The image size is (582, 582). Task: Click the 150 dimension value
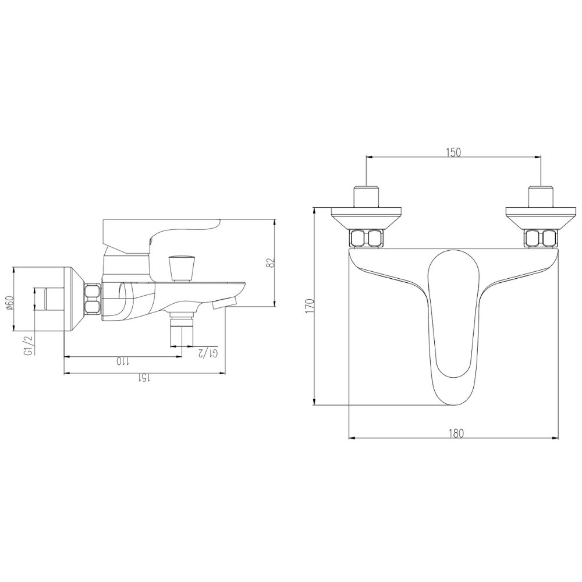(453, 152)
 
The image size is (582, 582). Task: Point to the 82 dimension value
(269, 263)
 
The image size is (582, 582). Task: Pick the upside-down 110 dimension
(122, 362)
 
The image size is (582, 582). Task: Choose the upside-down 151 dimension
(144, 379)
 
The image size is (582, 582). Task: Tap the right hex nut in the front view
(541, 238)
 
